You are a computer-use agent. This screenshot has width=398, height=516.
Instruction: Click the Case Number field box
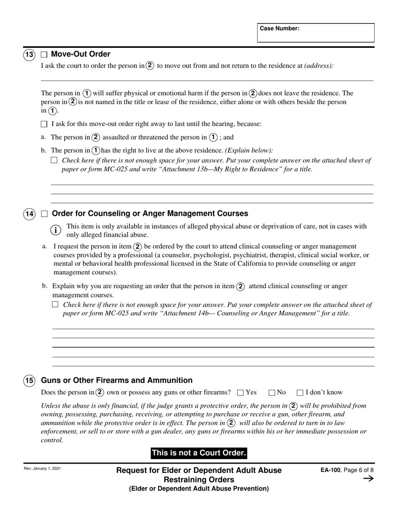pyautogui.click(x=315, y=33)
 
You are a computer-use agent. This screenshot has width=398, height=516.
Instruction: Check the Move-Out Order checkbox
pyautogui.click(x=44, y=55)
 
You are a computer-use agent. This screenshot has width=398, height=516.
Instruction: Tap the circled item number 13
pyautogui.click(x=29, y=55)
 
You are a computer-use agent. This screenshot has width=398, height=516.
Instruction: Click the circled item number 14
pyautogui.click(x=29, y=214)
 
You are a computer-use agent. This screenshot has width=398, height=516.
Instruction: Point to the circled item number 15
pyautogui.click(x=29, y=381)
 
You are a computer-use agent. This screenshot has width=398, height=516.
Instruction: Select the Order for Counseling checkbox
pyautogui.click(x=44, y=214)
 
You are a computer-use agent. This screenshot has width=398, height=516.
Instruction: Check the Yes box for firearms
pyautogui.click(x=240, y=393)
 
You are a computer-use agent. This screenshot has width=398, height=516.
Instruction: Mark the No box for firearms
pyautogui.click(x=271, y=393)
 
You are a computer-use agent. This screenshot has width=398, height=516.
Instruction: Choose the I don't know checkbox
pyautogui.click(x=300, y=393)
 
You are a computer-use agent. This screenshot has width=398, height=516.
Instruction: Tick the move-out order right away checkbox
pyautogui.click(x=44, y=124)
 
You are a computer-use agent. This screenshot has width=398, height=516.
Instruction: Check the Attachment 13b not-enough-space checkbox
pyautogui.click(x=54, y=160)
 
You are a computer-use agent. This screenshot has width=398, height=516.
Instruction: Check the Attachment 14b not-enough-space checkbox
pyautogui.click(x=55, y=305)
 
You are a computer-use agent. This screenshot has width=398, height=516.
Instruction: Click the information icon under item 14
pyautogui.click(x=56, y=230)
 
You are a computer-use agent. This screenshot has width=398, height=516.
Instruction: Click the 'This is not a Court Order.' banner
pyautogui.click(x=199, y=453)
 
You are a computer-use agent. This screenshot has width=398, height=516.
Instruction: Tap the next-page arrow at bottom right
pyautogui.click(x=368, y=479)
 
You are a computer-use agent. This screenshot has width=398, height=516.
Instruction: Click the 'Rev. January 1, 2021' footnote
pyautogui.click(x=42, y=469)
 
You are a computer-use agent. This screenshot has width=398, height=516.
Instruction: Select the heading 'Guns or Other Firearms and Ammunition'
pyautogui.click(x=116, y=380)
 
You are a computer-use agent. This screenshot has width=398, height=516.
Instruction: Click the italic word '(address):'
pyautogui.click(x=319, y=66)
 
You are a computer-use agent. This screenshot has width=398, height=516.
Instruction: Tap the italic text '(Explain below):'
pyautogui.click(x=249, y=150)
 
